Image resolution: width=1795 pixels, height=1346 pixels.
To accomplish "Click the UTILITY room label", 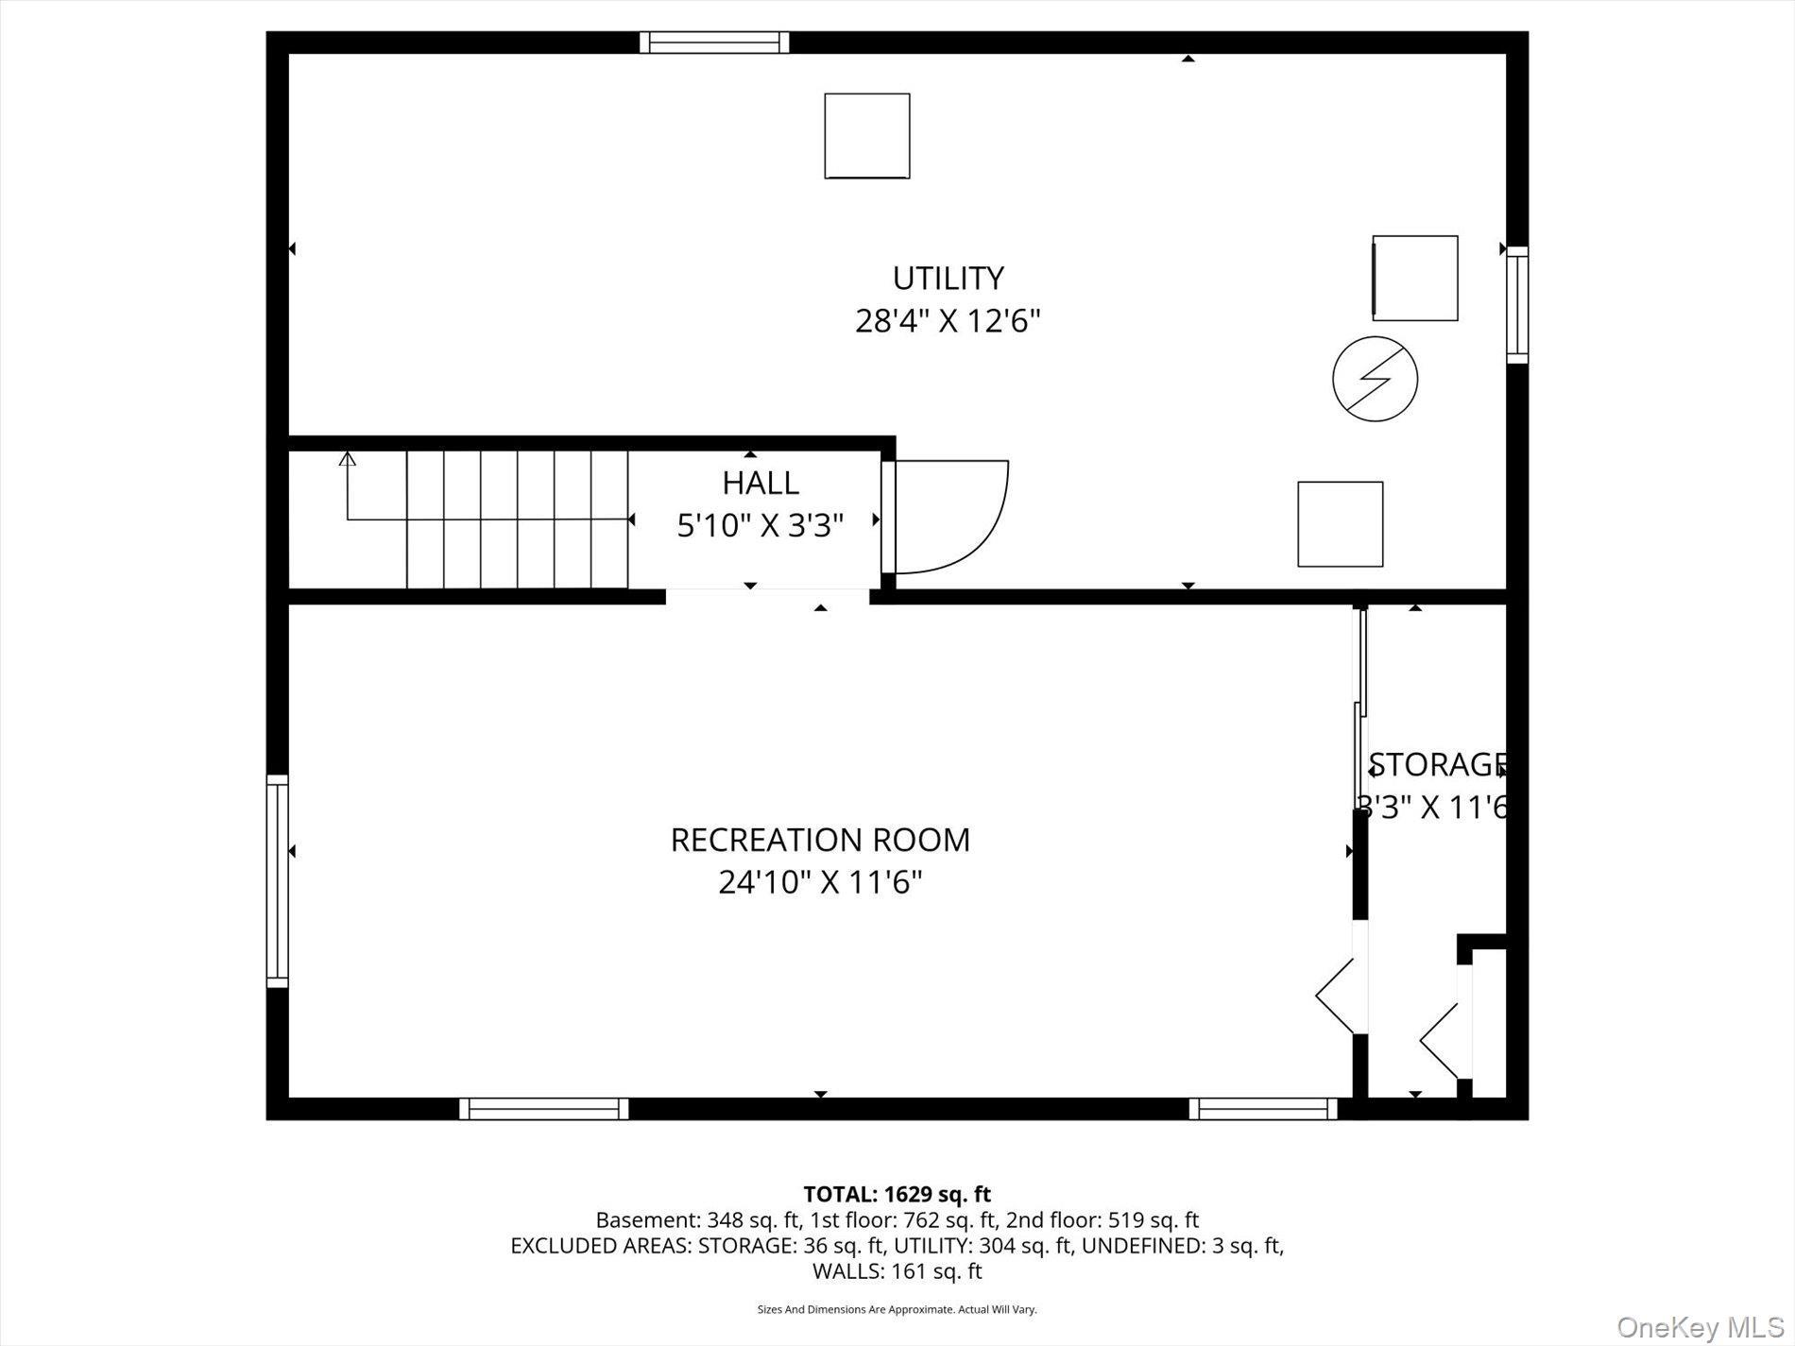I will pos(948,278).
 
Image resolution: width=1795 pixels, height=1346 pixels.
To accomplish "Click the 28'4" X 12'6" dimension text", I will pos(948,321).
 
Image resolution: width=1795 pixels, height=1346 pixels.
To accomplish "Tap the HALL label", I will pos(761,483).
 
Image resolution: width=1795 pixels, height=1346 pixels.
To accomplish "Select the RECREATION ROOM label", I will pos(820,840).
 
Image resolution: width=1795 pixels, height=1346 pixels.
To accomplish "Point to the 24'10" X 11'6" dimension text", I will pos(820,882).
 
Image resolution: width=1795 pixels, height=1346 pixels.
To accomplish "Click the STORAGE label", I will pos(1436,764).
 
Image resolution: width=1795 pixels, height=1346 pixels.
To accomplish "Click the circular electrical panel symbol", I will pos(1375,379).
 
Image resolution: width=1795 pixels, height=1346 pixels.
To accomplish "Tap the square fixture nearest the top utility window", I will pos(866,136).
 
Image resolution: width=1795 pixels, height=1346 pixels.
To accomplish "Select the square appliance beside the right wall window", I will pos(1414,278).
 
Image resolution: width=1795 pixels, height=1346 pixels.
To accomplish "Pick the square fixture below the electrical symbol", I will pos(1340,524).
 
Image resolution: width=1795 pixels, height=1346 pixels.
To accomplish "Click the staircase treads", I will pos(517,520).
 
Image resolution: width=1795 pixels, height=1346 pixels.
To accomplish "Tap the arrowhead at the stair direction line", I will pos(348,459).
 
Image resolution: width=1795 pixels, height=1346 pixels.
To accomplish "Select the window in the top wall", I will pos(714,43).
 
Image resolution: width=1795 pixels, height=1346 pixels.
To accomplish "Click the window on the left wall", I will pos(277,880).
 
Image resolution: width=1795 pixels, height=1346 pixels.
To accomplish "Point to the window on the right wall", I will pos(1516,304).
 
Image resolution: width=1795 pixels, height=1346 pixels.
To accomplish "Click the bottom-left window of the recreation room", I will pos(543,1108).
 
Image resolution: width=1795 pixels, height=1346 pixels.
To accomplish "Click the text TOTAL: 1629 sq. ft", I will pos(897,1194).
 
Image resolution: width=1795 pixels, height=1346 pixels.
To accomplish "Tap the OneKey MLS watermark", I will pos(1700,1327).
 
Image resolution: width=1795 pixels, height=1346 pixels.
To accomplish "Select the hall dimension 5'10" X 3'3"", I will pos(761,525).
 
